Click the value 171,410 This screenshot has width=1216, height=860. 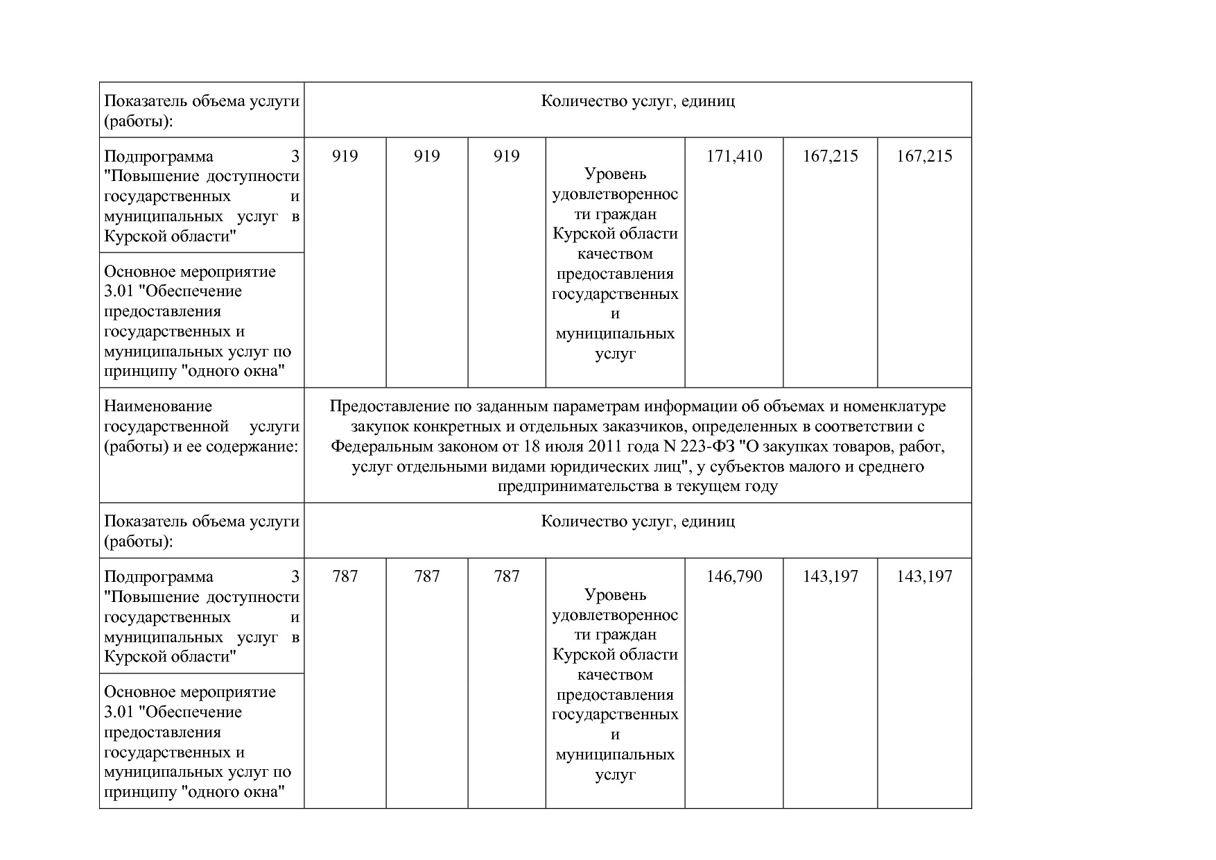(x=734, y=156)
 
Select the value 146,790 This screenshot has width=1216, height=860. (x=734, y=576)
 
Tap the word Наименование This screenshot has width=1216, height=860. (x=158, y=406)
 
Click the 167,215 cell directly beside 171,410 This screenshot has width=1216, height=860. (x=831, y=156)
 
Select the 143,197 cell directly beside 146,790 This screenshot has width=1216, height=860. (x=831, y=576)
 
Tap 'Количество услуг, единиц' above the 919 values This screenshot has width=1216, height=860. (x=638, y=101)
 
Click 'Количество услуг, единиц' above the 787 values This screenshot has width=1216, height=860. (x=638, y=522)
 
